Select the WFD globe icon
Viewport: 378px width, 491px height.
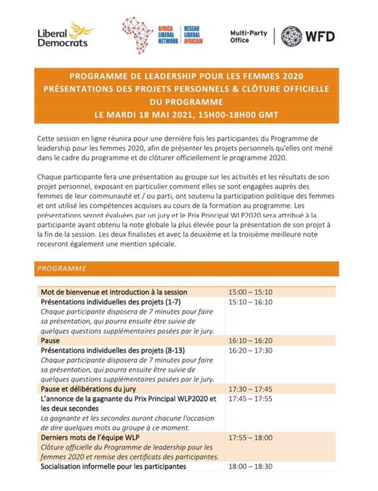291,36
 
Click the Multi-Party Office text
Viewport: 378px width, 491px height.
248,36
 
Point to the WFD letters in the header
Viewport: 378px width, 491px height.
320,36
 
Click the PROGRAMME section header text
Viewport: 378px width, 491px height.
61,269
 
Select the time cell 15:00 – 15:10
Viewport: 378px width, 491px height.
250,292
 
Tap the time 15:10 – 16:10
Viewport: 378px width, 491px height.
250,302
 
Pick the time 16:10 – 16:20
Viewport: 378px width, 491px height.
250,340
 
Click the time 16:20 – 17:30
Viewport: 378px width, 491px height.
250,350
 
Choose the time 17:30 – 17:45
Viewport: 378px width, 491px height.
250,389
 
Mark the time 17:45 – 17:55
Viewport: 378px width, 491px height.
250,399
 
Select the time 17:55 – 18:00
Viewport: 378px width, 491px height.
250,438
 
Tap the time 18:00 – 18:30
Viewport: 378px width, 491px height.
250,466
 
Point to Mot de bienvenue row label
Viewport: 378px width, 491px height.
114,292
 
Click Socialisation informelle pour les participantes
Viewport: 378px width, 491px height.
113,466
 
